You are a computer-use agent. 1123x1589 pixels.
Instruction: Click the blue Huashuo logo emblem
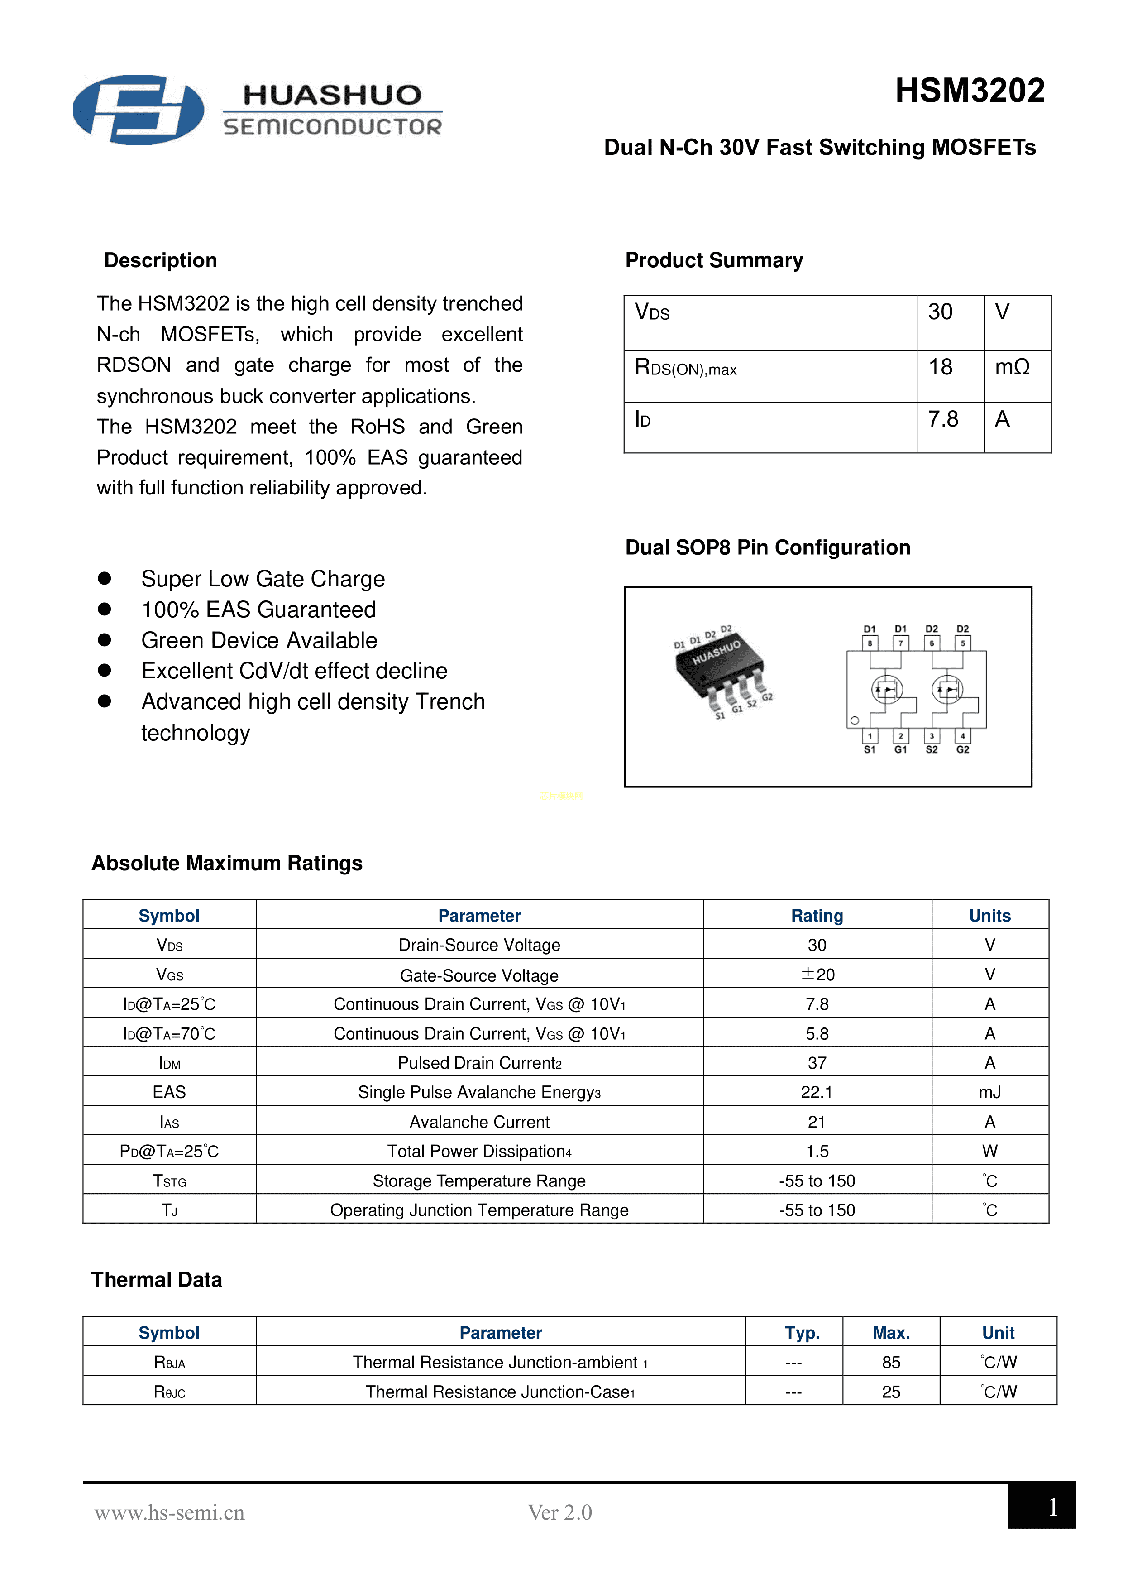click(139, 109)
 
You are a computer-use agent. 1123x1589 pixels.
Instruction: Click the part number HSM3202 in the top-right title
click(970, 91)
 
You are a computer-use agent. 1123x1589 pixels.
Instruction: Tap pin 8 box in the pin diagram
click(870, 643)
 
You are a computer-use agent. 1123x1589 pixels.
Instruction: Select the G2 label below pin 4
click(962, 749)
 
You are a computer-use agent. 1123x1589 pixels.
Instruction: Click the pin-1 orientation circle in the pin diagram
click(855, 720)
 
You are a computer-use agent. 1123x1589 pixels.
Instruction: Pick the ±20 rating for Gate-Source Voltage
click(817, 975)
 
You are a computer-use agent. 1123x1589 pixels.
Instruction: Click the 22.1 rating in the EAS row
click(817, 1092)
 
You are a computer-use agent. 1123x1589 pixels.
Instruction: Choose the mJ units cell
click(989, 1092)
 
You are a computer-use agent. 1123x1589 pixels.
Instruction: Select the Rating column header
click(817, 916)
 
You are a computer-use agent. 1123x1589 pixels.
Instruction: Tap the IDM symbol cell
click(170, 1063)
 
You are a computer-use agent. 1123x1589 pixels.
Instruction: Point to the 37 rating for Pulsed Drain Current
click(817, 1063)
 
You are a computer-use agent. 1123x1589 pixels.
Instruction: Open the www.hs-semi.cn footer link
click(170, 1513)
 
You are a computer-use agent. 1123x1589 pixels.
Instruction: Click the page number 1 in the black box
click(1052, 1507)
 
